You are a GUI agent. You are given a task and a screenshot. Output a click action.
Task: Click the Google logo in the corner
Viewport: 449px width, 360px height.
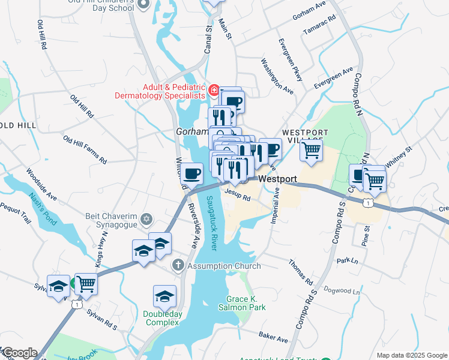pos(19,353)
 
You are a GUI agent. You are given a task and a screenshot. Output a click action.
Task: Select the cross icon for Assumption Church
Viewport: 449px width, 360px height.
pos(178,265)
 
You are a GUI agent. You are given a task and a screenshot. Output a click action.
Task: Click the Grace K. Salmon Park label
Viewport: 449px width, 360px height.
pos(246,303)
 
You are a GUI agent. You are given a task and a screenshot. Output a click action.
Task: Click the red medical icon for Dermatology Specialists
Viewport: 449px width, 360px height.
pos(214,91)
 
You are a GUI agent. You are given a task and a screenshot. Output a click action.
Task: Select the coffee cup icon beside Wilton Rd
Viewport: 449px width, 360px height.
pos(191,174)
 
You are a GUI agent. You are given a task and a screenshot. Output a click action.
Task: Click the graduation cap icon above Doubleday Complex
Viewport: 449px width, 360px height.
pos(164,296)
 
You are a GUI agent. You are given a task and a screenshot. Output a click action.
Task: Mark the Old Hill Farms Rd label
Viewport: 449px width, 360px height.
pos(85,149)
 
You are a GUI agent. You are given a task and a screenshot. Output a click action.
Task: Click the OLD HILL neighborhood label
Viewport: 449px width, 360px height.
pos(17,125)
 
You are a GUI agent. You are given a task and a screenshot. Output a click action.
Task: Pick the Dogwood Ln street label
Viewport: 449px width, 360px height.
pos(342,291)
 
